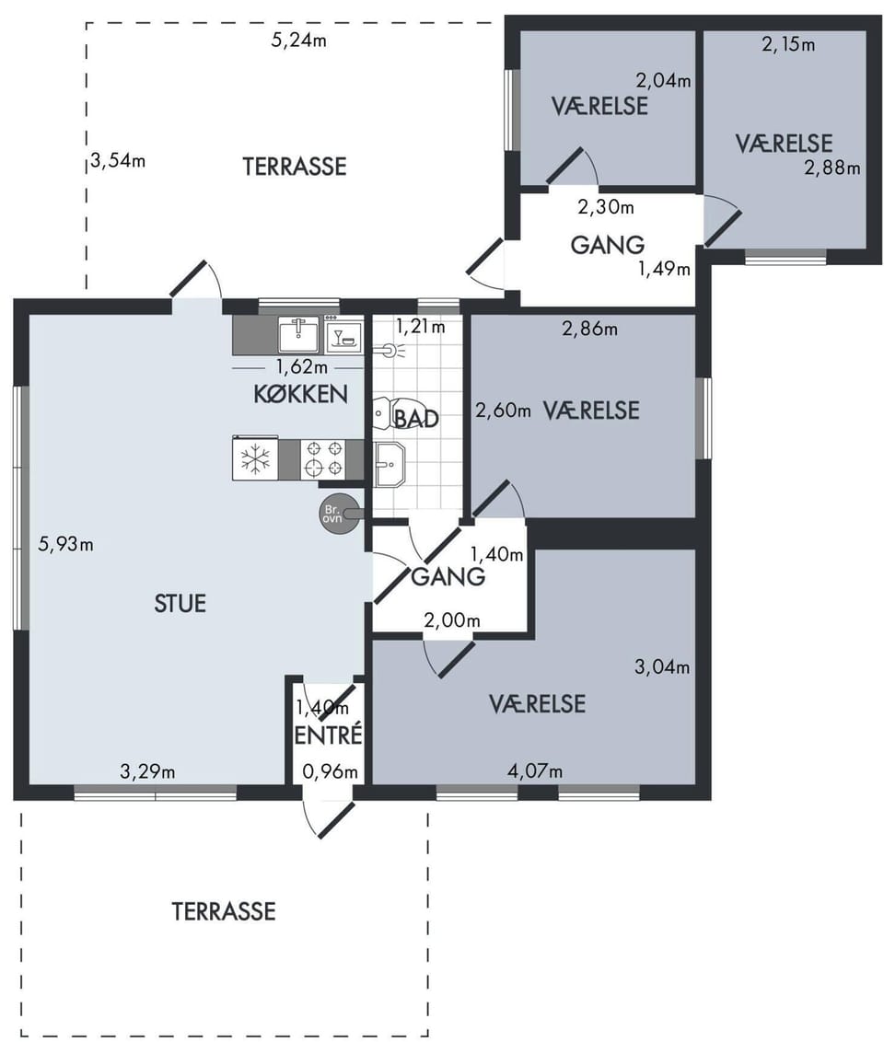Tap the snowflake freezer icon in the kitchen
(255, 458)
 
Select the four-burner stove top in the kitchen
(324, 458)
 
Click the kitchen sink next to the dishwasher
(300, 334)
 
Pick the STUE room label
(180, 604)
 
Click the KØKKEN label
(300, 394)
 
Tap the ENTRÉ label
(329, 735)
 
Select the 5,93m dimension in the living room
(65, 544)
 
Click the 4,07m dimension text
(535, 770)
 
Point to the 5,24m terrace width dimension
(298, 40)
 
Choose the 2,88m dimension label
(832, 168)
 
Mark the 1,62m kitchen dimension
(302, 366)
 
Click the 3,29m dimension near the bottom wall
(147, 771)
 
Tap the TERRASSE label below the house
(224, 911)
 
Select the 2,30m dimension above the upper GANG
(606, 207)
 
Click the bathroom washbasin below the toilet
(389, 464)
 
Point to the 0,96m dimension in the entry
(330, 771)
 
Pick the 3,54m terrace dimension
(118, 161)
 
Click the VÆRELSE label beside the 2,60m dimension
(591, 411)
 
